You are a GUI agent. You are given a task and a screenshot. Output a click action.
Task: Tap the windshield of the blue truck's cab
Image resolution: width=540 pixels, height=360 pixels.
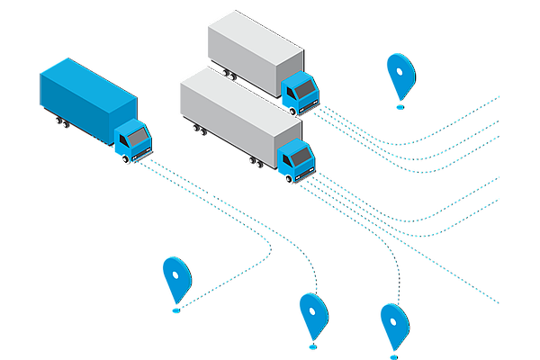pos(137,137)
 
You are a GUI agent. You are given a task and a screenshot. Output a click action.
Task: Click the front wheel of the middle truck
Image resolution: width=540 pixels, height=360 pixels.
pos(289,178)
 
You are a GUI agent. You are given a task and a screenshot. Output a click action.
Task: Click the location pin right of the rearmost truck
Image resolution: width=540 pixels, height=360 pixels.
pos(399,74)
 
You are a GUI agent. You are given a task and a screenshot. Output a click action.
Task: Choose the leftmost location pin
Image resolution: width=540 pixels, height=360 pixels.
pos(175,277)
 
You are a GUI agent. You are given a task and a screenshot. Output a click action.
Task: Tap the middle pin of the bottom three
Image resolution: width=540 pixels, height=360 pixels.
pos(312,314)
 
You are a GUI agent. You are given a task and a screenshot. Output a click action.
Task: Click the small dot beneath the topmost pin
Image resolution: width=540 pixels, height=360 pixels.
pos(400,106)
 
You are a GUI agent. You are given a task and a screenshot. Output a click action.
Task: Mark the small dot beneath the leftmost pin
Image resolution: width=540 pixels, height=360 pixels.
pos(175,310)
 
